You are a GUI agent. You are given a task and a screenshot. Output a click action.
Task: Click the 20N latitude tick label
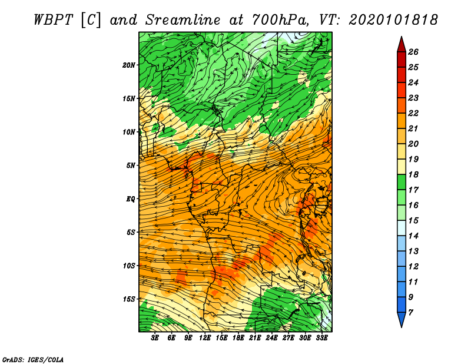[x=129, y=65]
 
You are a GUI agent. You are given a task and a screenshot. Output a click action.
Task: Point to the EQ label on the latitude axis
[x=131, y=199]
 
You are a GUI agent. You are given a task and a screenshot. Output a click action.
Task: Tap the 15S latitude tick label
[x=129, y=299]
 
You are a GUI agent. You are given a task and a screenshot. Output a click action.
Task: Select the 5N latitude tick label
[x=131, y=166]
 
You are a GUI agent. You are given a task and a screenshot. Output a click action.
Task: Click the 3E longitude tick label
[x=155, y=338]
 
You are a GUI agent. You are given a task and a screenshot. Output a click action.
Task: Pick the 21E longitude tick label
[x=255, y=338]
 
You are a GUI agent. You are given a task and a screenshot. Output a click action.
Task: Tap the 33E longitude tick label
[x=321, y=338]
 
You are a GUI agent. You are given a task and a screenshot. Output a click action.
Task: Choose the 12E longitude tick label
[x=205, y=338]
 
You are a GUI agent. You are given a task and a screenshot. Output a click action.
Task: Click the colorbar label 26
[x=413, y=52]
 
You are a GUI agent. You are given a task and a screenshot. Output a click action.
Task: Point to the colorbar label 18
[x=413, y=174]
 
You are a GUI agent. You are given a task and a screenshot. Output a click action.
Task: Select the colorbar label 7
[x=410, y=313]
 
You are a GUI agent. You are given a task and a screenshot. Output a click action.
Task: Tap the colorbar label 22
[x=413, y=113]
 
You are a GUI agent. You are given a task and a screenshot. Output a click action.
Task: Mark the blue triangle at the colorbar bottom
[x=402, y=318]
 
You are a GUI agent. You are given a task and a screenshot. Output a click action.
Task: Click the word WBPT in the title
[x=53, y=20]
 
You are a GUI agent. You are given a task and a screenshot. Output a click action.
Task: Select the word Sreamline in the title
[x=183, y=20]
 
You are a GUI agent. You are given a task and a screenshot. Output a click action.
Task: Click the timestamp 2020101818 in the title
[x=393, y=20]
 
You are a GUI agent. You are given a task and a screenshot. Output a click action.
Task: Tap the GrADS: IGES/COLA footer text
[x=33, y=360]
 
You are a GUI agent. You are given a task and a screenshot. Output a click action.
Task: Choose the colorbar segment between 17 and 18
[x=402, y=182]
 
